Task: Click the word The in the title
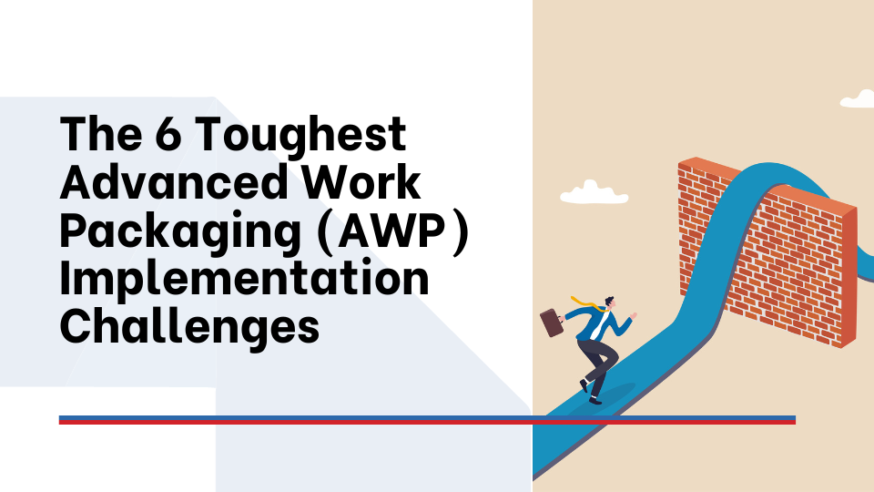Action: (94, 136)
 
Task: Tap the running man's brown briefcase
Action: (552, 323)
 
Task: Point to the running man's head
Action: (607, 303)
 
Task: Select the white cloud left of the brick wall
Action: (583, 192)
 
